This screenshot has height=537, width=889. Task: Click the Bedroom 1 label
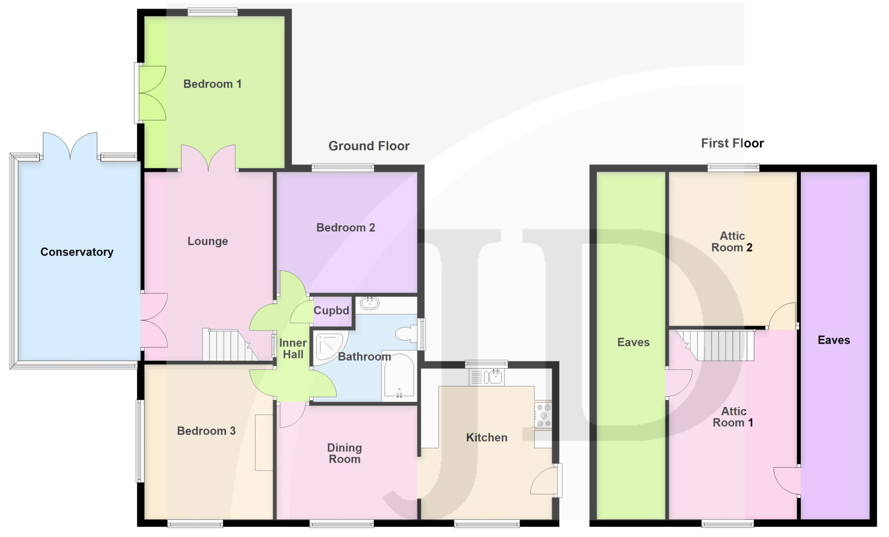click(212, 84)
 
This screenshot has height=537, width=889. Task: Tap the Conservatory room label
click(77, 252)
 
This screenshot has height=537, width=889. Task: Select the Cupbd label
click(331, 311)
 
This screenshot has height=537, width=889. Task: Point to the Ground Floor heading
click(369, 146)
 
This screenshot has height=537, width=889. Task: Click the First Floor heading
click(732, 143)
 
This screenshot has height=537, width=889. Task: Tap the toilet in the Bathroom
click(406, 333)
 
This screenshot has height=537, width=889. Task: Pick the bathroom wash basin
click(369, 303)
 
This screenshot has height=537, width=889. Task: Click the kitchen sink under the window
click(487, 376)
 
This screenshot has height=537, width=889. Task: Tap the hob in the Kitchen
click(543, 415)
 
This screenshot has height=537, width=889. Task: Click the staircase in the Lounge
click(230, 345)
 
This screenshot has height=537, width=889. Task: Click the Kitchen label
click(487, 438)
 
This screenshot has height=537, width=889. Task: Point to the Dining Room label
click(345, 453)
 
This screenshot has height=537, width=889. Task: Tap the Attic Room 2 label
click(732, 241)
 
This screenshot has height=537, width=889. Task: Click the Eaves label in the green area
click(634, 342)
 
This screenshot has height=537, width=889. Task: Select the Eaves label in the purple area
click(834, 340)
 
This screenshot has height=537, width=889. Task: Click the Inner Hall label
click(293, 349)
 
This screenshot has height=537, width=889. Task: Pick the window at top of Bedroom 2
click(343, 168)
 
